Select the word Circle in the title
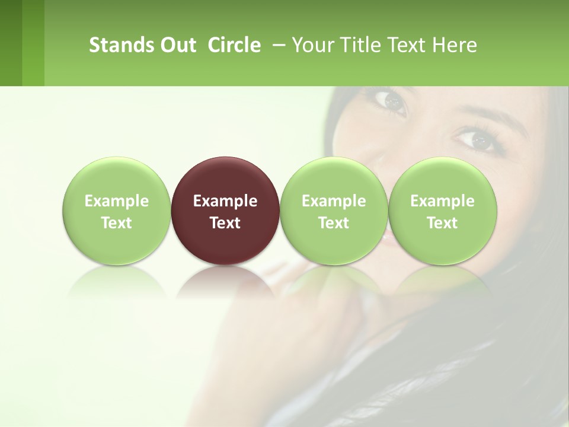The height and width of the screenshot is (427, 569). click(x=234, y=45)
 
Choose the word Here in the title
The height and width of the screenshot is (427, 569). click(x=455, y=45)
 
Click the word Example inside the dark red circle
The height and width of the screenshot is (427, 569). click(x=225, y=201)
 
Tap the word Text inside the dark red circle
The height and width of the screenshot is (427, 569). click(x=225, y=223)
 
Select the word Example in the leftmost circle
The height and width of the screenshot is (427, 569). click(x=116, y=201)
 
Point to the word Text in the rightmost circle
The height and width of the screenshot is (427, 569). click(x=442, y=223)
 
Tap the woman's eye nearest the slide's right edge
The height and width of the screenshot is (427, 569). click(x=474, y=140)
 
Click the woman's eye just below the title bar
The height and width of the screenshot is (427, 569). click(x=392, y=101)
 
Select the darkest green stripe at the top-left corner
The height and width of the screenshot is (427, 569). click(x=11, y=43)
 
